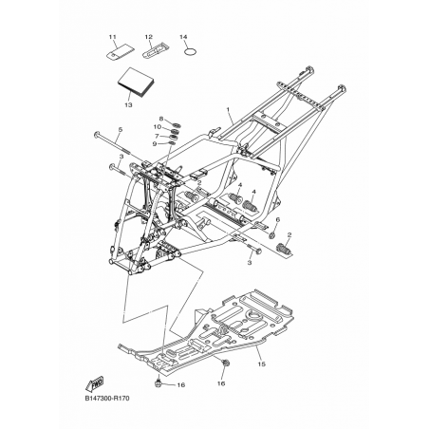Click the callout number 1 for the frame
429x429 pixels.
click(228, 109)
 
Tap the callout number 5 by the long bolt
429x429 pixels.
click(121, 129)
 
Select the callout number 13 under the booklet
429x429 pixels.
click(128, 104)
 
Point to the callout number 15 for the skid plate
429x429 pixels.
click(261, 364)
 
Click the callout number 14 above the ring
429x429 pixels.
click(183, 37)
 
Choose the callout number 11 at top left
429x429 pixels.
click(113, 37)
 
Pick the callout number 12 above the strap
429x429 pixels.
click(149, 37)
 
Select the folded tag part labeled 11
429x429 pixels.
click(120, 52)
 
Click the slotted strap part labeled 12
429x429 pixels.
click(156, 50)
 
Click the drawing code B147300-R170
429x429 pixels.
click(107, 399)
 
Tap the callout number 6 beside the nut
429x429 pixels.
click(278, 219)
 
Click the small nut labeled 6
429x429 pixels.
click(272, 235)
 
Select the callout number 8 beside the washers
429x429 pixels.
click(161, 119)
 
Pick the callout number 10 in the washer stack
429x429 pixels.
click(158, 127)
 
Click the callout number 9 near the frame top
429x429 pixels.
click(155, 144)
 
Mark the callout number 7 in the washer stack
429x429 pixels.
click(157, 136)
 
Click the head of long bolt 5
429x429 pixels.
click(97, 136)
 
